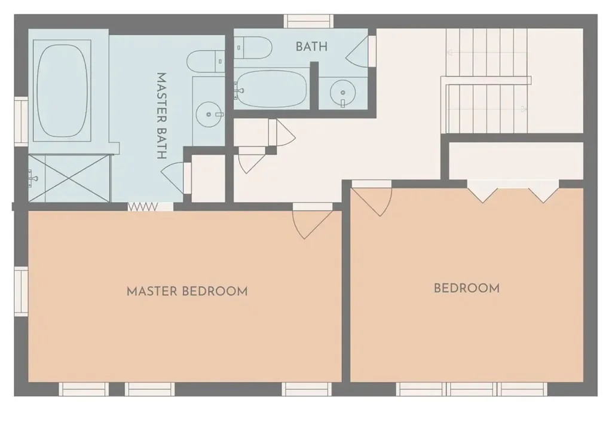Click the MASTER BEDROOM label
click(187, 292)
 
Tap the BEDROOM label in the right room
click(467, 288)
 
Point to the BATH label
click(311, 47)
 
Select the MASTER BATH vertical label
click(161, 116)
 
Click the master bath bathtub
click(62, 91)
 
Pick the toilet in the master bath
click(206, 62)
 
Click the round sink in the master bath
click(209, 114)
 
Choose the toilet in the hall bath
click(253, 47)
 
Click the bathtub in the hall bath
click(272, 89)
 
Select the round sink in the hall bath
click(342, 93)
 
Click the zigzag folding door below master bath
click(143, 207)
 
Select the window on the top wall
click(309, 21)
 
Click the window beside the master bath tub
click(21, 121)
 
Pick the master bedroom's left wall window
click(21, 291)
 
